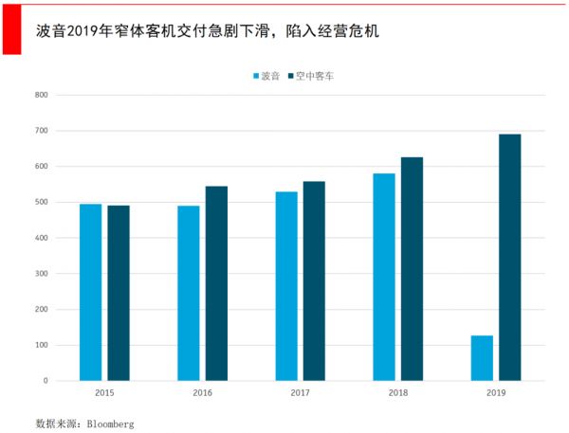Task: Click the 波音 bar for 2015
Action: [90, 292]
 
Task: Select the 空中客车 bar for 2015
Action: [119, 293]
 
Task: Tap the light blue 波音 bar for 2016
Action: [189, 293]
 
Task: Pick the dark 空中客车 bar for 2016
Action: [216, 283]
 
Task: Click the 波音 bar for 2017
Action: [286, 286]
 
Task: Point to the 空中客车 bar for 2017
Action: [314, 280]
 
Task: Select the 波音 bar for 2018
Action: [384, 277]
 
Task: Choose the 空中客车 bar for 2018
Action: [412, 269]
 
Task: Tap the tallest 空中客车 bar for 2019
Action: [510, 257]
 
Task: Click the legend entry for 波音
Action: [269, 75]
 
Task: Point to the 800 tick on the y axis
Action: [41, 95]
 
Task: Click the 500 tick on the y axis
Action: [41, 202]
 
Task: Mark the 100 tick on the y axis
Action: [41, 345]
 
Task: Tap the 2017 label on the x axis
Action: [301, 392]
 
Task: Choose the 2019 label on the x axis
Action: [496, 392]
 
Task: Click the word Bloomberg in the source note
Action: [110, 424]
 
